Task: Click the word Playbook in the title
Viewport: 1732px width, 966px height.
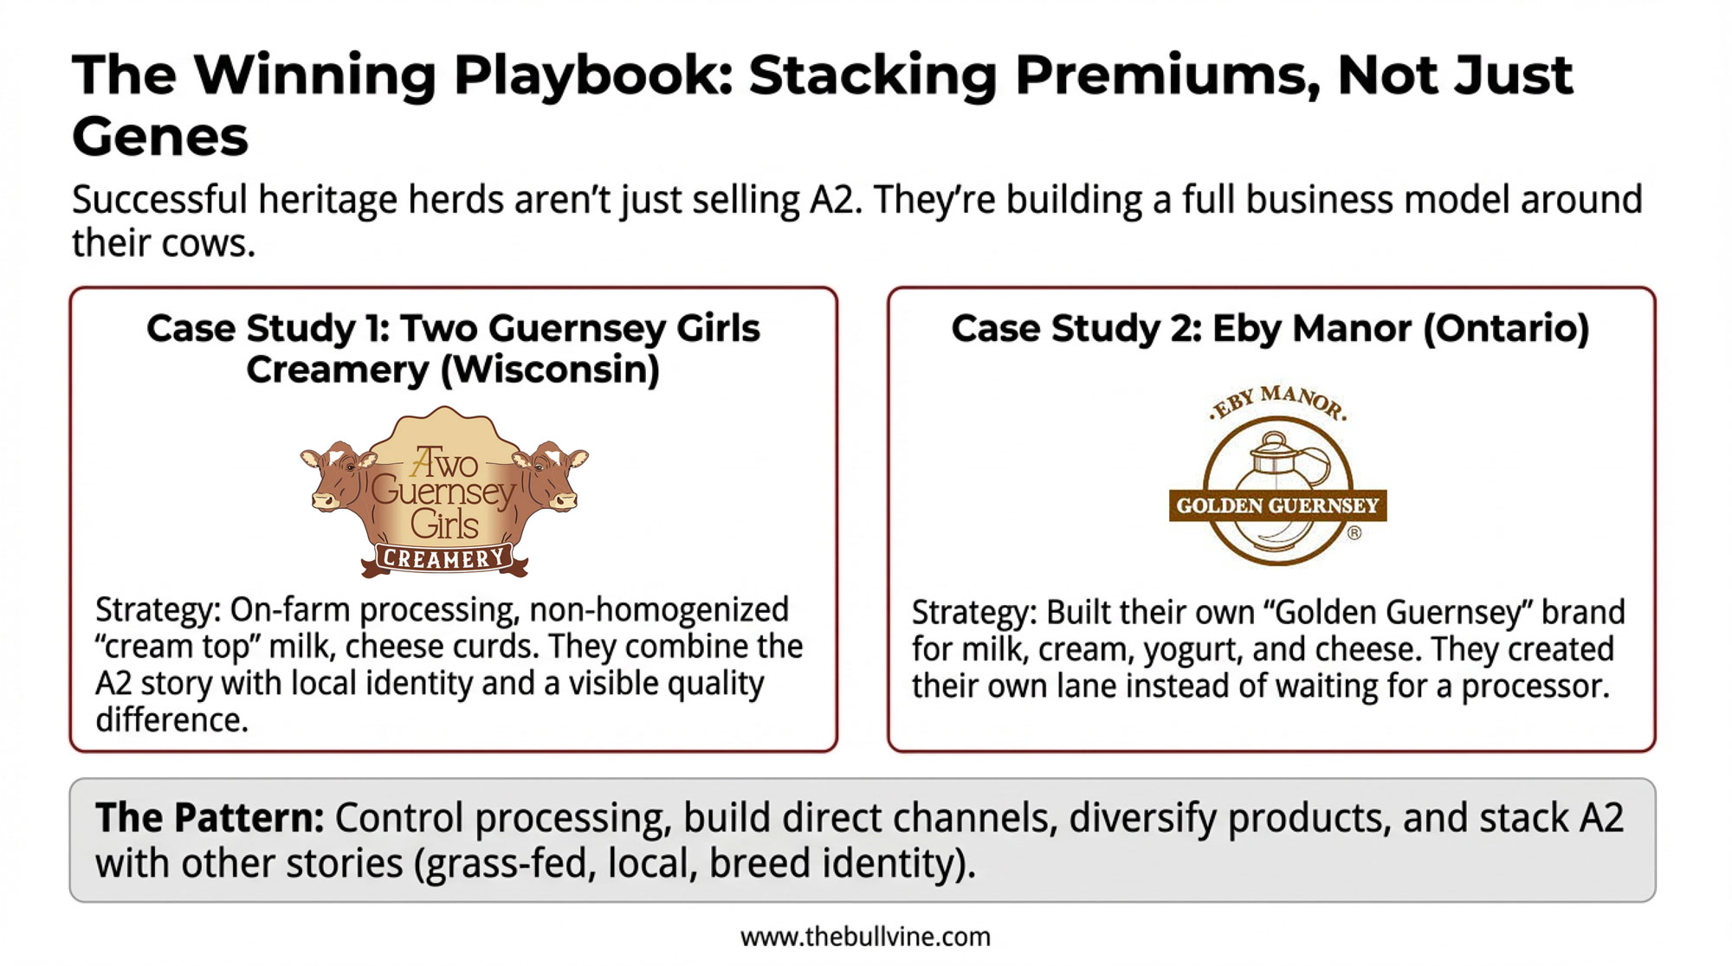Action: [x=593, y=76]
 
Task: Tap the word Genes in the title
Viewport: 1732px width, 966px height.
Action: [x=160, y=138]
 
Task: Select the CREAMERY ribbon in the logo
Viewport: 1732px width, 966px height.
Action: [x=444, y=559]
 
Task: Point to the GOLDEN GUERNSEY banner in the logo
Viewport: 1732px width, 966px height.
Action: [x=1277, y=506]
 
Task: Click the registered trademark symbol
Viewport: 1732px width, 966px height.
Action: [x=1354, y=533]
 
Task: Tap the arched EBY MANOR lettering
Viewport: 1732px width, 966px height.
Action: [x=1278, y=401]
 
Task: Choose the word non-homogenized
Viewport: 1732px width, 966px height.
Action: [x=659, y=610]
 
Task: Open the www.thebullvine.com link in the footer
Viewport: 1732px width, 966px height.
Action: [x=865, y=937]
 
